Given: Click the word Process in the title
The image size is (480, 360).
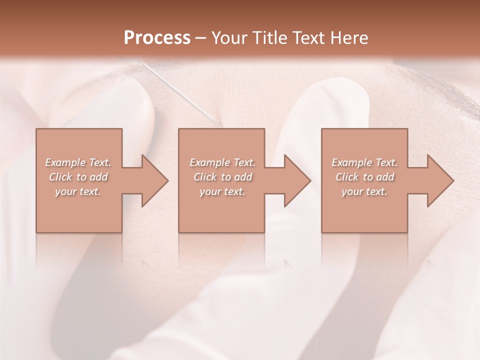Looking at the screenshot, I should tap(157, 38).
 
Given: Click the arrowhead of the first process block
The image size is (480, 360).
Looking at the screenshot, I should tap(154, 180).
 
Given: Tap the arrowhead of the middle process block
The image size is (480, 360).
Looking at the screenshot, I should tap(297, 180).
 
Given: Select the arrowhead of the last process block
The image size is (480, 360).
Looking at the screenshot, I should tap(440, 180).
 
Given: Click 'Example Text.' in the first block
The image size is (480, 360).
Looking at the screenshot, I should tap(78, 162).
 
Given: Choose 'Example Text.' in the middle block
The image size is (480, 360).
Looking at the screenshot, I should tap(222, 162).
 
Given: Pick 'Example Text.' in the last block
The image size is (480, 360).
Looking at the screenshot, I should tap(364, 162).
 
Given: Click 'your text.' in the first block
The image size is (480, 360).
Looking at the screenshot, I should tap(78, 191).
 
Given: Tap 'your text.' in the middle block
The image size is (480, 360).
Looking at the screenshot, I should tap(222, 191).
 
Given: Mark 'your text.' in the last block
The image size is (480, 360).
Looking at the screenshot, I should tap(364, 191).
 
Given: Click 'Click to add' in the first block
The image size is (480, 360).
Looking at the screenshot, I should tap(78, 177).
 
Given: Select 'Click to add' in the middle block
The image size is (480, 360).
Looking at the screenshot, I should tap(222, 177).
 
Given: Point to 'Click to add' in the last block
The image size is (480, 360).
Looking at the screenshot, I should tap(364, 177).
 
